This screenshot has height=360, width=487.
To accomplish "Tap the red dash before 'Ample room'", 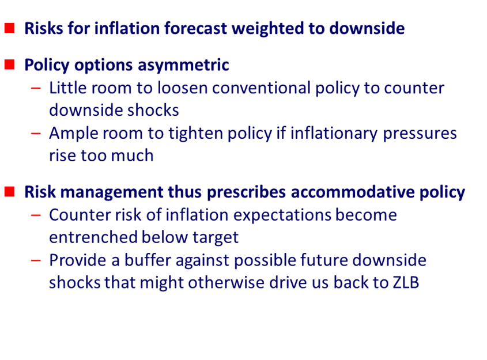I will (36, 134).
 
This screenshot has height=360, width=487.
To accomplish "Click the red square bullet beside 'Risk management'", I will (10, 192).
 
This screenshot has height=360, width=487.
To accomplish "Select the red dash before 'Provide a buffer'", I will (36, 260).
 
